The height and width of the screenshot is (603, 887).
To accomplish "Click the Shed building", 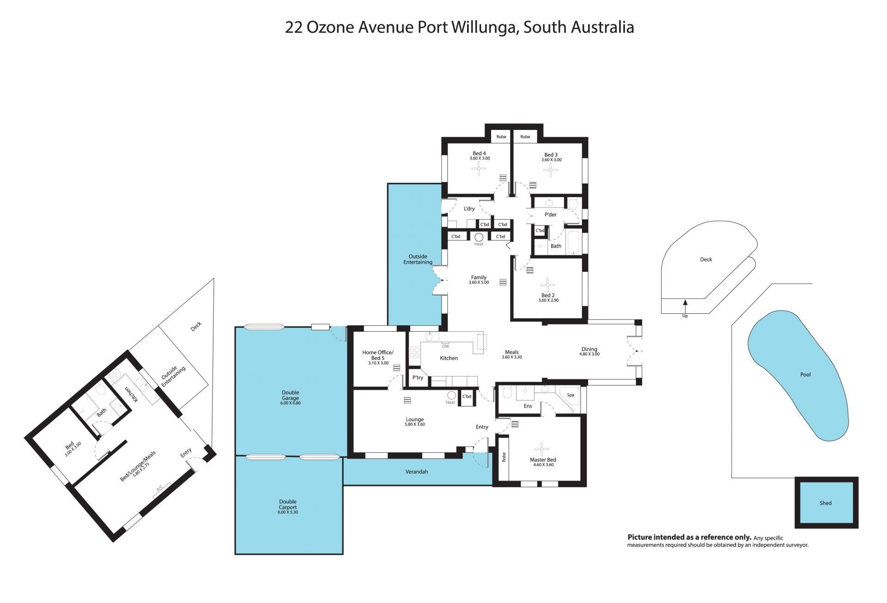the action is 826,503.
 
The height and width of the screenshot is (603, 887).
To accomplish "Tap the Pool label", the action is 805,374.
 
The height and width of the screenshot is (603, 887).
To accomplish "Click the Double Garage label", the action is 291,395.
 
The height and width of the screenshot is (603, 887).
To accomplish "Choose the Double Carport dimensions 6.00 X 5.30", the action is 288,512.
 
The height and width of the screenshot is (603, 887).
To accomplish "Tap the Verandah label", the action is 417,472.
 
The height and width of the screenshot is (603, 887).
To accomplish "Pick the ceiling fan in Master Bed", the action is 541,449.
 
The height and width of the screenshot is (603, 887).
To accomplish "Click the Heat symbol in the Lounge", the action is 451,396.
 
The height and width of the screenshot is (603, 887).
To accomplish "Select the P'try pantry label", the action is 418,378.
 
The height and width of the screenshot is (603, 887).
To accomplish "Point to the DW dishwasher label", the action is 445,346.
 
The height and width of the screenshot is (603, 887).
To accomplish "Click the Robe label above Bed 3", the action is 525,137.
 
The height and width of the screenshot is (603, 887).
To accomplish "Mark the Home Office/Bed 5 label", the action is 378,355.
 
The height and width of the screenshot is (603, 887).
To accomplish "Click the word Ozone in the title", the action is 330,27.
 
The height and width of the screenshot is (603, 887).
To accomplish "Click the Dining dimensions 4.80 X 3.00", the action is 589,354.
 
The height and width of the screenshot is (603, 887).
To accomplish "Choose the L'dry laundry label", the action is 469,209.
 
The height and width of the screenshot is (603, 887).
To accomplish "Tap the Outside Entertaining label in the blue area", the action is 418,259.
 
